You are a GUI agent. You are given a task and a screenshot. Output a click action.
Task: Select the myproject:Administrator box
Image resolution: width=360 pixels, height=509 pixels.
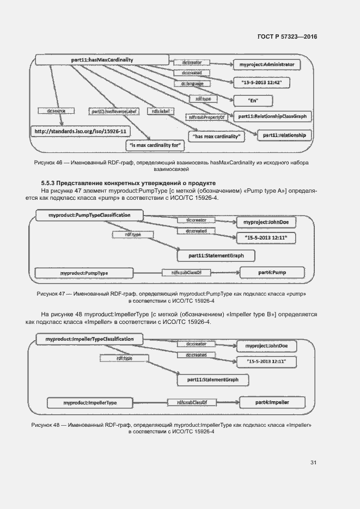pos(266,64)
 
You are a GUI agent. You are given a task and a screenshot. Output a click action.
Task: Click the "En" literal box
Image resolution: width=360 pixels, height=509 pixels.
pos(253,101)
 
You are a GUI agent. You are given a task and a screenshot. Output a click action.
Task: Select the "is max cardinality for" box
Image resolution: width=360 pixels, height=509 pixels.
pos(156,146)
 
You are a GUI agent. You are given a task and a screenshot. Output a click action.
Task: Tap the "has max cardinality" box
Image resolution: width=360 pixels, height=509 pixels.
pos(217,136)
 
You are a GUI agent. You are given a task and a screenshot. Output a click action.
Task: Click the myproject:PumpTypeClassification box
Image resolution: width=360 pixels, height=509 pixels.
pos(89,216)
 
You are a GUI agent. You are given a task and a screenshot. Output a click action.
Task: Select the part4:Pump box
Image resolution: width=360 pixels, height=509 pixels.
pos(271,272)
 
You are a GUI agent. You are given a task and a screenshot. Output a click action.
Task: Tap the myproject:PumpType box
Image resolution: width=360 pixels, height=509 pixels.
pos(84,272)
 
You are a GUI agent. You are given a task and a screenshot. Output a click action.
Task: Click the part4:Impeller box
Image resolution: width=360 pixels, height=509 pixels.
pos(272,402)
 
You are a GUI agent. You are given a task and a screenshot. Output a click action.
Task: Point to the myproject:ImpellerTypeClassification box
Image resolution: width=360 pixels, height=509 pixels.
pos(90,339)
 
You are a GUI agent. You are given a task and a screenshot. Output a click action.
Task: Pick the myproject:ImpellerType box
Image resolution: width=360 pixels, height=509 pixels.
pos(89,403)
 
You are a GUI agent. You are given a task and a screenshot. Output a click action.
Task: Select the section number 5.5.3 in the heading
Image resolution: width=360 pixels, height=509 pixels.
pos(48,183)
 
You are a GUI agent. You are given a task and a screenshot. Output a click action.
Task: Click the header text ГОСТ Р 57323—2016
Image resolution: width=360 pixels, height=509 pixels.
pos(287,36)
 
